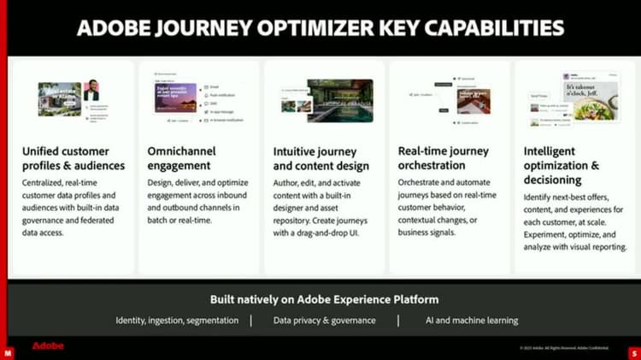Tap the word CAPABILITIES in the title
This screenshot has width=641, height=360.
tap(495, 27)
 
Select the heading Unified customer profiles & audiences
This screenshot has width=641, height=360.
tap(73, 158)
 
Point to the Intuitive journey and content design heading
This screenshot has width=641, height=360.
tap(320, 158)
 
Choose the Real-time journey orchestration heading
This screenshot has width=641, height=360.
tap(444, 158)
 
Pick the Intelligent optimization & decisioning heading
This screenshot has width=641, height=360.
tap(565, 165)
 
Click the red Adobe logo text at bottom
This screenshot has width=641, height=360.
tap(48, 346)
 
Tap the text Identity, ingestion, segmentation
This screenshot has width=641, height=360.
tap(178, 321)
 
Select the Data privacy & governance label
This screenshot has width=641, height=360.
tap(324, 321)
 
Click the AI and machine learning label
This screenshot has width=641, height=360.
tap(471, 321)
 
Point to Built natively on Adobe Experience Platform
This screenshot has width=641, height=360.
tap(324, 299)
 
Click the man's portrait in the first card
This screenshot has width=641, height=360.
tap(91, 91)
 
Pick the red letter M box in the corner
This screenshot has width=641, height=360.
tap(7, 352)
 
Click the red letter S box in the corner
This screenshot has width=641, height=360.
tap(634, 352)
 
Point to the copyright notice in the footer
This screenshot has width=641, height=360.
tap(564, 348)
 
